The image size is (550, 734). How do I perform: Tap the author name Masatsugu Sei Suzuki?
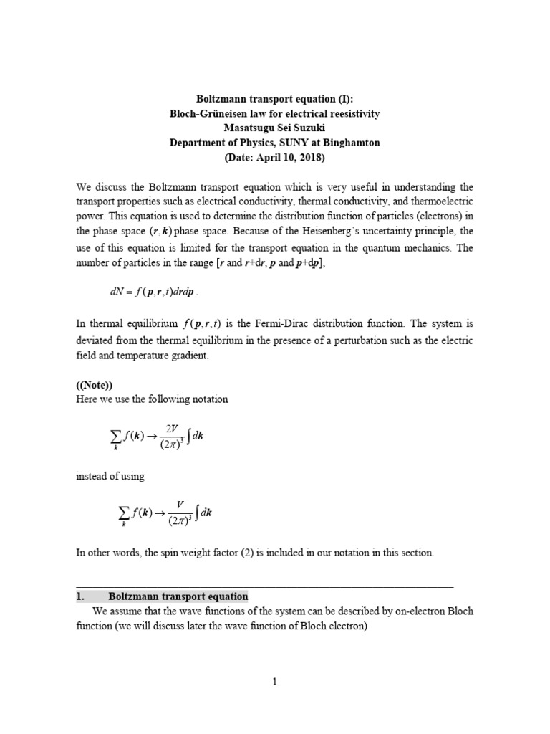click(x=274, y=128)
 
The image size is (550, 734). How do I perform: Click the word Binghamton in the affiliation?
click(x=349, y=143)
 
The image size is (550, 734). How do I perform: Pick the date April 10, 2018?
click(x=281, y=157)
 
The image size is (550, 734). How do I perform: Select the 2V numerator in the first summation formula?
click(x=172, y=428)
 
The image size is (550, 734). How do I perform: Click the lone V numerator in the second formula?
click(x=172, y=504)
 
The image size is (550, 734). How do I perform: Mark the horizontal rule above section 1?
click(x=264, y=587)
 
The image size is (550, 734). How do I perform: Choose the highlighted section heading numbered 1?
click(x=162, y=596)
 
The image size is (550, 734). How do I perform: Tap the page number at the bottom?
click(x=274, y=682)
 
